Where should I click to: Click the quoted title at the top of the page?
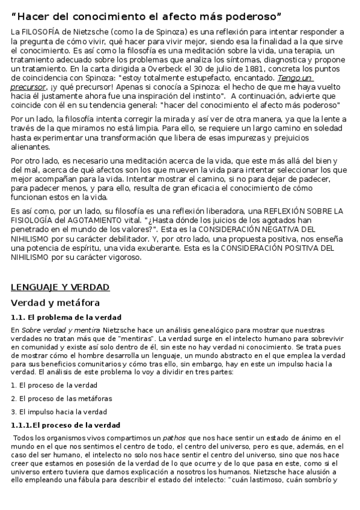pos(155,14)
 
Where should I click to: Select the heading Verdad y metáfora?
pos(55,303)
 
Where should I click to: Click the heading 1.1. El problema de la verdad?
pos(66,317)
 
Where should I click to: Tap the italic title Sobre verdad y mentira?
pos(56,330)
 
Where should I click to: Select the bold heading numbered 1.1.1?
pos(66,425)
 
